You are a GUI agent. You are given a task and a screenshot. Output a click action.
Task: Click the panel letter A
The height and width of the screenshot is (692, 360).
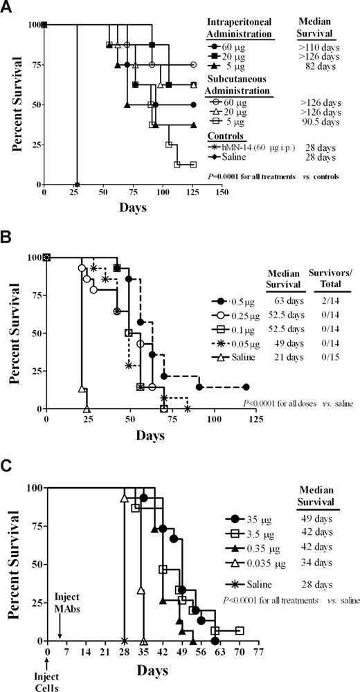click(x=9, y=8)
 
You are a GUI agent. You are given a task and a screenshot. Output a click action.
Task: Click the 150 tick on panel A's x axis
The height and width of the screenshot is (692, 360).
click(x=221, y=192)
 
